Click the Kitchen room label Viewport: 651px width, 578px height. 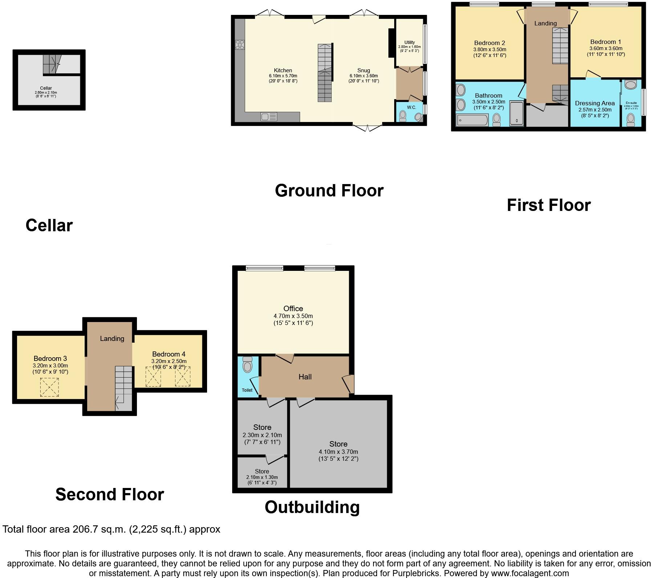(283, 70)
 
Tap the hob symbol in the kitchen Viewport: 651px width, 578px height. (240, 45)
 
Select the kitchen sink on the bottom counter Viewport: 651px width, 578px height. (268, 117)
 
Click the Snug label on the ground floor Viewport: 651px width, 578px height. (363, 70)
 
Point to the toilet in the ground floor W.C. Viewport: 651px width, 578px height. (403, 116)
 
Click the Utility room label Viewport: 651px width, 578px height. (409, 42)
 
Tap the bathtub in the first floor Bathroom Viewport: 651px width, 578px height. (473, 120)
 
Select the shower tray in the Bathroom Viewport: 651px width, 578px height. (516, 114)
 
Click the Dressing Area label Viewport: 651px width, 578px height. (595, 103)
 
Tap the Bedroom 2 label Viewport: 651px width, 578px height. (489, 43)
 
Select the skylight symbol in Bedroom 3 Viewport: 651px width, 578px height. (49, 387)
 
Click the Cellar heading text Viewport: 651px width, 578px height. (49, 225)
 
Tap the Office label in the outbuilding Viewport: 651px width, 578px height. (293, 309)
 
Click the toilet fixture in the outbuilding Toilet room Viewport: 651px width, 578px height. (247, 365)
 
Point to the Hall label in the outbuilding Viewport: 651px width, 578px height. (305, 377)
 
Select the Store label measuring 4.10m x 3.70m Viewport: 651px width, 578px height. (338, 444)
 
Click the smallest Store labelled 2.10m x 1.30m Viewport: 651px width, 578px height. (262, 471)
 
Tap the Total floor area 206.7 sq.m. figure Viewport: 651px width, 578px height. (111, 529)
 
